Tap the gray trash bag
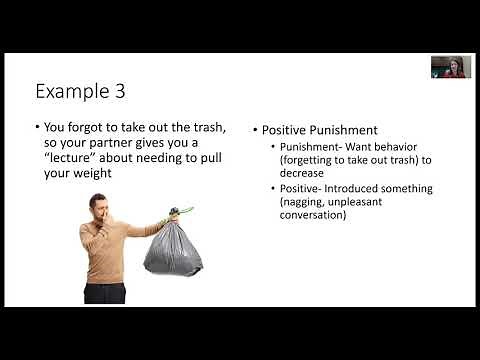click(x=174, y=246)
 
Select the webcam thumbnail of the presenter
click(x=450, y=67)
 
